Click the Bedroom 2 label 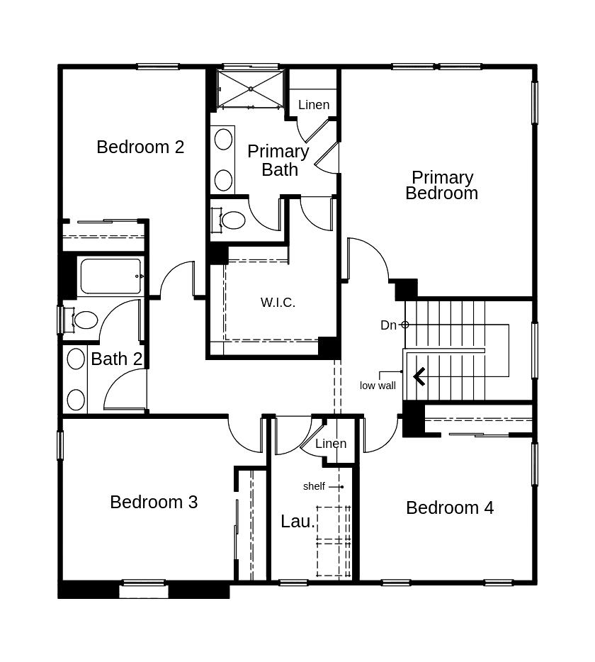coord(140,147)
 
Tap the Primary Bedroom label coord(442,185)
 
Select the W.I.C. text coord(278,302)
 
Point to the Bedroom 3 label coord(154,502)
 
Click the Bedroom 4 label coord(450,507)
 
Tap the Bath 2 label coord(116,359)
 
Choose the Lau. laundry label coord(298,522)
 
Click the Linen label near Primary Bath coord(314,105)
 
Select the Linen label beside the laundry coord(331,443)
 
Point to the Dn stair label coord(389,325)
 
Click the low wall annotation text coord(378,386)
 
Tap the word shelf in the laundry coord(314,486)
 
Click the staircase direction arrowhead coord(419,376)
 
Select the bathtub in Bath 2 coord(110,276)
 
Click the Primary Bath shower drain coord(251,89)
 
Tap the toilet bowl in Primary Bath coord(233,220)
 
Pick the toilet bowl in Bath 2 coord(86,320)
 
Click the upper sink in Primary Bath coord(223,140)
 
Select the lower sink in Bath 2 coord(76,399)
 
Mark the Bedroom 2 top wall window coord(158,67)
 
